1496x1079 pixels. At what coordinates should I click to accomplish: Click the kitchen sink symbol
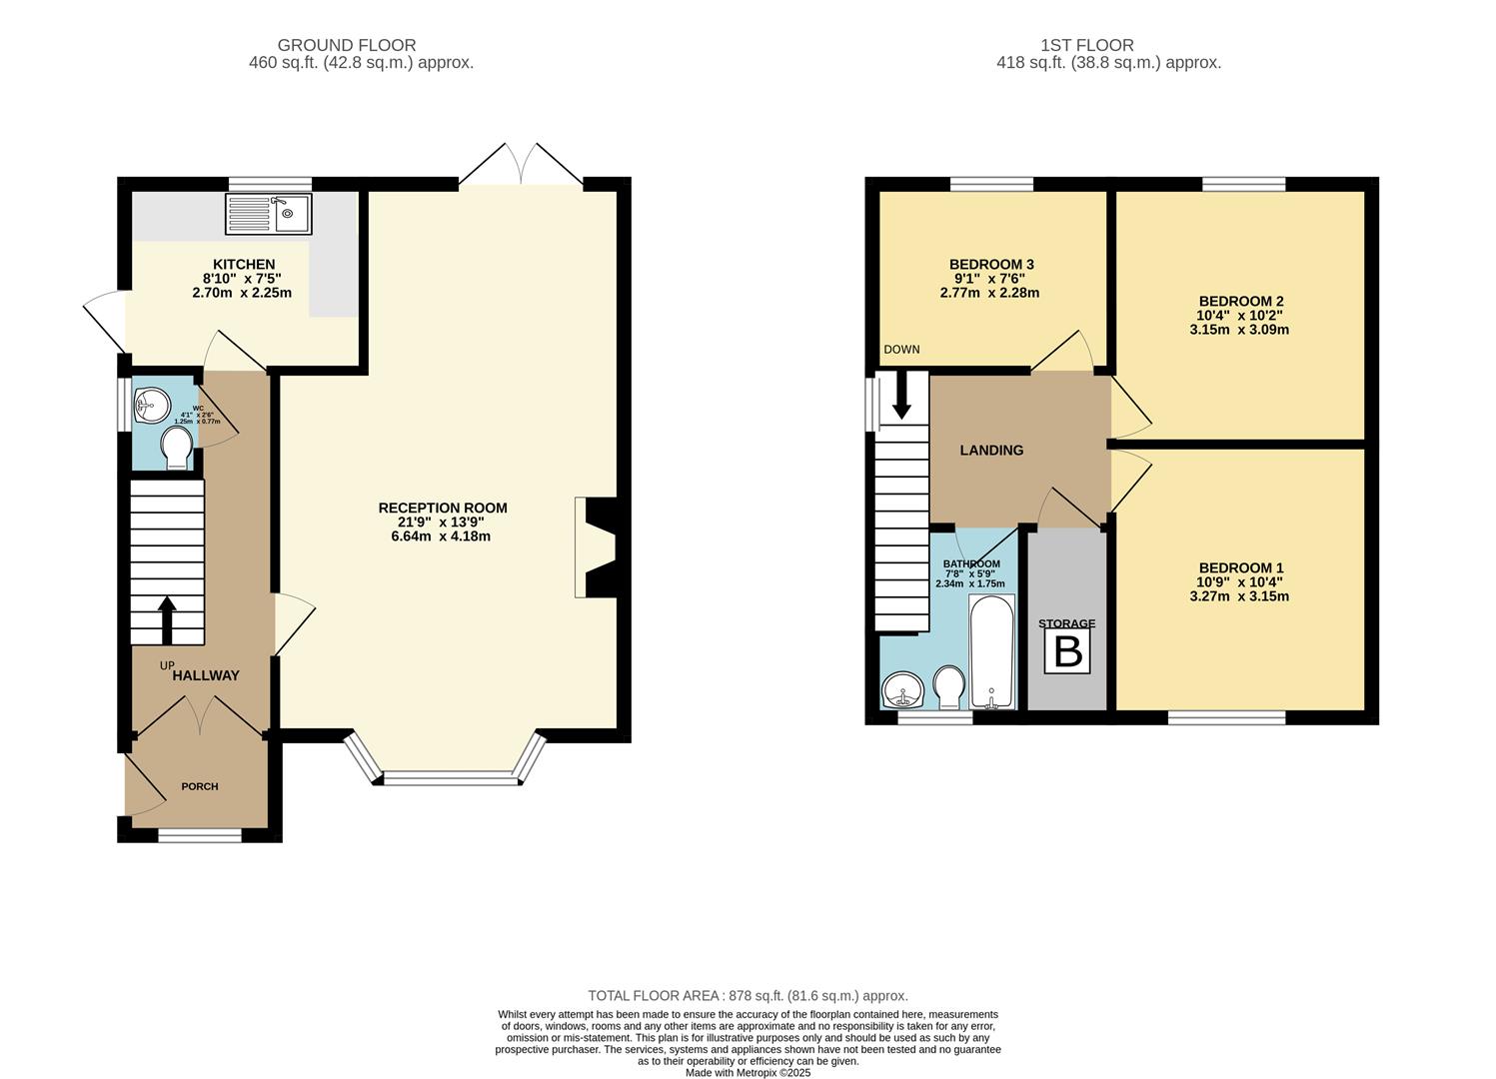270,214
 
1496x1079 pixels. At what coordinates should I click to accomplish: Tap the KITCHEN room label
243,265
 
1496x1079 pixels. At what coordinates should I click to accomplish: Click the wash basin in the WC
151,405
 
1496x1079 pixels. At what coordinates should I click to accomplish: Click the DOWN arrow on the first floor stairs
901,396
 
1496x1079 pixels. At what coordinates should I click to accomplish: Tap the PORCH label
200,786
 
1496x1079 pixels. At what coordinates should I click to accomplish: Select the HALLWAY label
206,675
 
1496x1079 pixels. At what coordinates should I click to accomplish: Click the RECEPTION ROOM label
442,508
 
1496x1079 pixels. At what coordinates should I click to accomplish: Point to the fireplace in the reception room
596,547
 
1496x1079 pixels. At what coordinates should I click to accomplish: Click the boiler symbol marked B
1067,652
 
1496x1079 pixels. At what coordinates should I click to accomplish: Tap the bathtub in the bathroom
991,652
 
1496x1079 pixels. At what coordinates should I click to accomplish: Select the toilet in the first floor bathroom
948,687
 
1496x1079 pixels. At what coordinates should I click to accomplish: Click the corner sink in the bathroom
904,689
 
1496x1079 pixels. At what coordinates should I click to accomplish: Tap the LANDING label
991,451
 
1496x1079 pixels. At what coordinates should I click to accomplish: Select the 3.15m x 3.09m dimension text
1239,329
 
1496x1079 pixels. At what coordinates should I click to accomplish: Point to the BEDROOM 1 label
1240,567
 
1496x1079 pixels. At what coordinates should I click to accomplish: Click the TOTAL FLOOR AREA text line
748,995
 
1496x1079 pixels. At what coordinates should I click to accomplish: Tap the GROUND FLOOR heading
346,45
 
